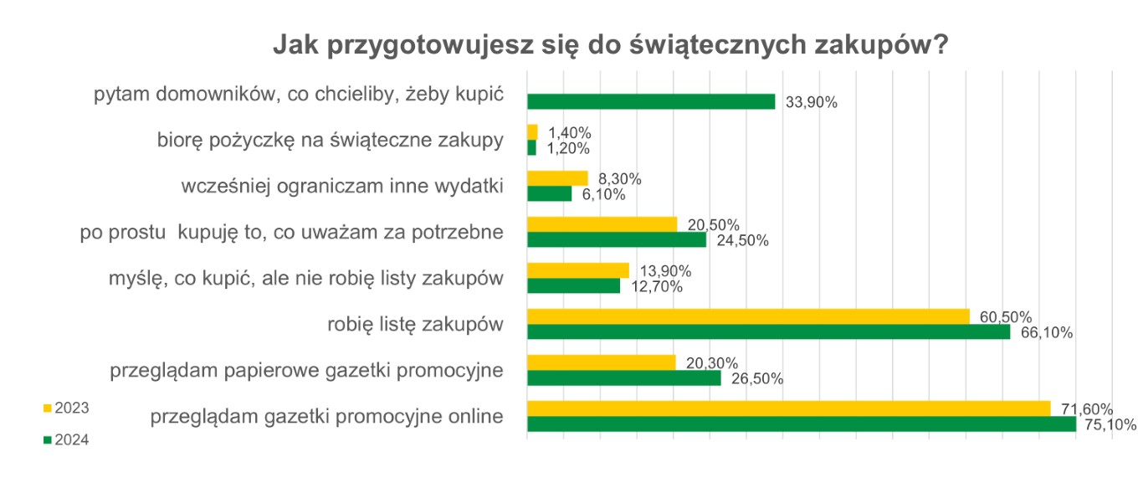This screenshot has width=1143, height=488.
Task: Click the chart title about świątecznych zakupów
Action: (610, 46)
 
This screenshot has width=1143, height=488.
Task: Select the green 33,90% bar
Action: (651, 101)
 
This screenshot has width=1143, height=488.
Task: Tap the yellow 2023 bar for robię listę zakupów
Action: (748, 316)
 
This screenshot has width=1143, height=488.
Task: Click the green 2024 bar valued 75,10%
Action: (801, 424)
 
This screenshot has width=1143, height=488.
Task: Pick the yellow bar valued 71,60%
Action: (788, 408)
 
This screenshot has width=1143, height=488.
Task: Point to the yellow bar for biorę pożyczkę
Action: (532, 132)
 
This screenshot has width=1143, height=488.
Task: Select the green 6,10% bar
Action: (549, 193)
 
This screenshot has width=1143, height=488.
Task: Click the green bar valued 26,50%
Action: (623, 378)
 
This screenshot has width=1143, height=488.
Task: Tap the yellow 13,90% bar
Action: (577, 270)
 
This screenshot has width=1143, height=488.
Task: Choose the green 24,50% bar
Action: (617, 239)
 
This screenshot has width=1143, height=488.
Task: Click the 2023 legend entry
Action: (66, 408)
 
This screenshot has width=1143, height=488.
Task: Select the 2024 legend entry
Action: (66, 439)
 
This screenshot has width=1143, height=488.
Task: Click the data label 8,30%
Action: (619, 178)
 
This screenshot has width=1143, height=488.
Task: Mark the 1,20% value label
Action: (568, 148)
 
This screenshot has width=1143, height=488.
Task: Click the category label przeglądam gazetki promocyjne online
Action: (326, 416)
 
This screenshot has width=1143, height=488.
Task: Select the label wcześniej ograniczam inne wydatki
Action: (341, 186)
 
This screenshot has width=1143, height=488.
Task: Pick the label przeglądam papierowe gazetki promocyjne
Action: (306, 370)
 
